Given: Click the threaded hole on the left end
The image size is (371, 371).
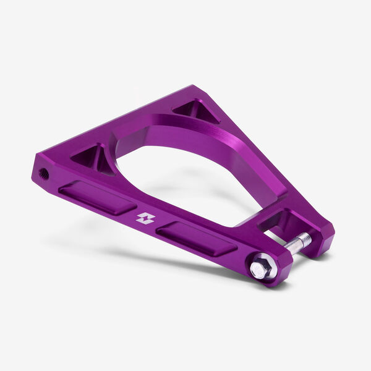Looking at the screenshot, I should click(x=43, y=174).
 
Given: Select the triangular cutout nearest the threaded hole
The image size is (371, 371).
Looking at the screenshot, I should click(x=90, y=156).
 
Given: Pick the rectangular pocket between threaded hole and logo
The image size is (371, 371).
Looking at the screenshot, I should click(x=97, y=197).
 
